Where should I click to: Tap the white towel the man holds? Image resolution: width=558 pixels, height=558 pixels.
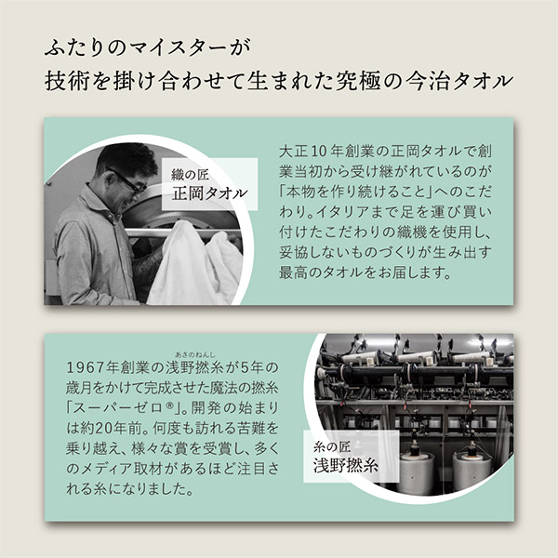194,263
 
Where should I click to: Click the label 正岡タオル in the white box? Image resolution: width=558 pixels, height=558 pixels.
209,193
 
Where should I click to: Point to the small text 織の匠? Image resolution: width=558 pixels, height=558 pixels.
190,175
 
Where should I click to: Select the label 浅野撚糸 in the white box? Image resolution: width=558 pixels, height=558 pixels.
345,465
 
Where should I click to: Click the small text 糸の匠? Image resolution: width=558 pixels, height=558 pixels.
332,446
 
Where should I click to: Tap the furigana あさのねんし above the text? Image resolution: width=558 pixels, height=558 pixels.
195,354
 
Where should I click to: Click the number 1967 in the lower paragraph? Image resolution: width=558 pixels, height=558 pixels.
85,367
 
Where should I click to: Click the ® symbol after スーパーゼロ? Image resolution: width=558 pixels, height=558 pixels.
169,405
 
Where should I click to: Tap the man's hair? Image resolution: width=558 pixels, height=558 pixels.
127,157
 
